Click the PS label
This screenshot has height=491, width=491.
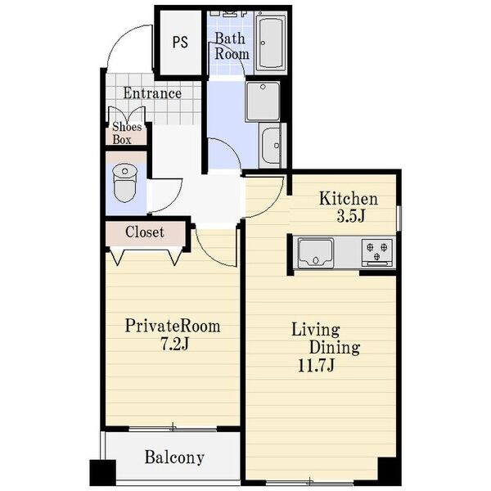[x=180, y=42]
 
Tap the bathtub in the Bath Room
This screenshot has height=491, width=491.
[x=271, y=43]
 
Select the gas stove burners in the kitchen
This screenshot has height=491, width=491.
[x=377, y=252]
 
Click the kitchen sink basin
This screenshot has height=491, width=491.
[x=315, y=253]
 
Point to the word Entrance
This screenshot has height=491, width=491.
[x=152, y=93]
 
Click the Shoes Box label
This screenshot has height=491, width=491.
[x=127, y=133]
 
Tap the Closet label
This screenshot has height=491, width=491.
[x=145, y=232]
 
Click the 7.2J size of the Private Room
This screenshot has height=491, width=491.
[x=174, y=345]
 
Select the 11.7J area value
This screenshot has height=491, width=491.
[x=316, y=366]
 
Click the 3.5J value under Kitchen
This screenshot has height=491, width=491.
[x=351, y=216]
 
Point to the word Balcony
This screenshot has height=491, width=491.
[x=174, y=457]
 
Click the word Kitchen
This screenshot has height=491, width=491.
[x=349, y=199]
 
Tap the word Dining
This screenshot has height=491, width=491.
[x=335, y=347]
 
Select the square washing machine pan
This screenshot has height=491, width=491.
[x=263, y=101]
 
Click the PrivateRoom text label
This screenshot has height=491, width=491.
[x=173, y=326]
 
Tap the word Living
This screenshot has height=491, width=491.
[x=316, y=331]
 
